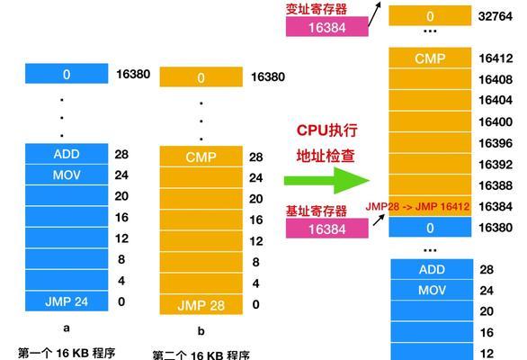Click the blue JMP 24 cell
tap(67, 301)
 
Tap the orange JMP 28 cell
tap(201, 305)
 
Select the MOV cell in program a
tap(67, 175)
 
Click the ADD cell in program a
tap(67, 154)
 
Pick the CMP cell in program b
tap(201, 157)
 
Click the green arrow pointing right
tap(326, 180)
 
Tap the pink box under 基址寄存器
tap(327, 229)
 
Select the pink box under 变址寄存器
tap(327, 27)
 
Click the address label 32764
tap(496, 16)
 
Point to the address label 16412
tap(496, 58)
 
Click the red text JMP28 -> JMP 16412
tap(417, 206)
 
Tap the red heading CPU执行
tap(326, 130)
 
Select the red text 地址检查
tap(326, 156)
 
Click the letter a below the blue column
tap(67, 328)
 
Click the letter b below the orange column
tap(201, 331)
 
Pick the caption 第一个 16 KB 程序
tap(67, 353)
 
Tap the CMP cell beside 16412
tap(430, 58)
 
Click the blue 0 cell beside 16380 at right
tap(430, 228)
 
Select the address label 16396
tap(496, 143)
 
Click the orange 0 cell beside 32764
tap(430, 16)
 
